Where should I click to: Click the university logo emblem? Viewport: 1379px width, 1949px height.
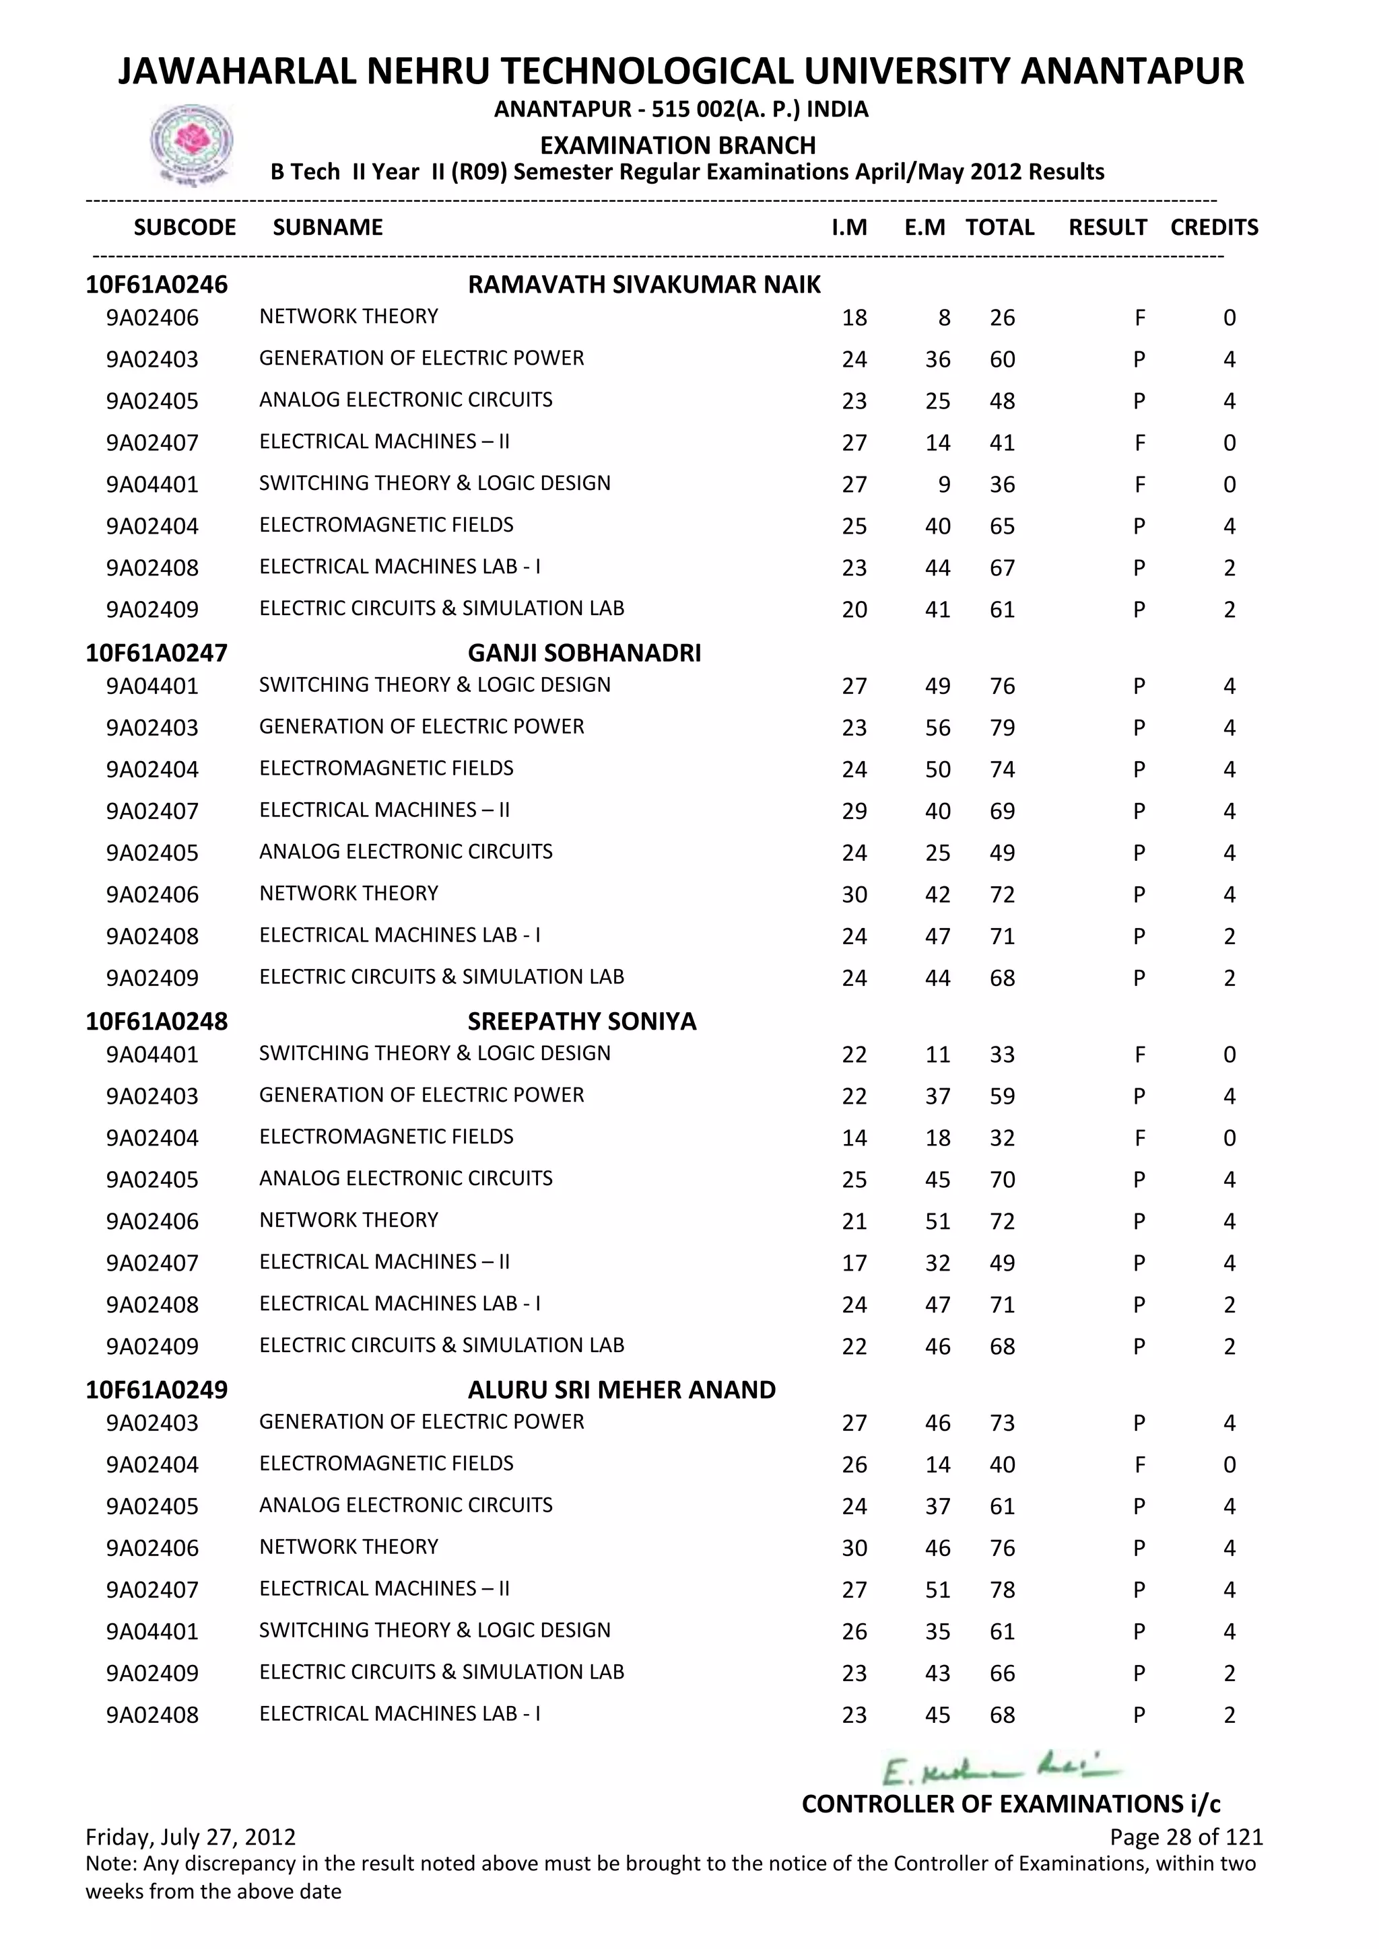click(191, 144)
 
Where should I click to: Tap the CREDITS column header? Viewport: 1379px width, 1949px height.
click(1213, 227)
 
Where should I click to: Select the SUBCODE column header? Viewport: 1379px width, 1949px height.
click(185, 227)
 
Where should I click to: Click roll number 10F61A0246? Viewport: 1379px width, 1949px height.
click(156, 285)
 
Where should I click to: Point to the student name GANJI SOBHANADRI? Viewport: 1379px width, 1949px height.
click(584, 653)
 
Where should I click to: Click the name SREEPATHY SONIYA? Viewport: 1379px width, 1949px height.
click(582, 1021)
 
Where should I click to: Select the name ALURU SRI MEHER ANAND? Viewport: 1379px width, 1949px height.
click(621, 1390)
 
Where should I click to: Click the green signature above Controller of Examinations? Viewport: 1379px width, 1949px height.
click(1001, 1771)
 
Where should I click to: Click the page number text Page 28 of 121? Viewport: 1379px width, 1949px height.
click(1185, 1837)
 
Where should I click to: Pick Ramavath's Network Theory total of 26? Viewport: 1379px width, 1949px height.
click(1002, 318)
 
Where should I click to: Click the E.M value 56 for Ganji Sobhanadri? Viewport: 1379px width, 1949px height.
click(937, 728)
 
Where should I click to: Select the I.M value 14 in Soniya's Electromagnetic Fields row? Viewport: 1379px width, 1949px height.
click(854, 1138)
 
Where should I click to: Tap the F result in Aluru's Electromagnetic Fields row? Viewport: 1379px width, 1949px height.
click(1139, 1465)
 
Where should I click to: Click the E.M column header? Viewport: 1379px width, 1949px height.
click(924, 227)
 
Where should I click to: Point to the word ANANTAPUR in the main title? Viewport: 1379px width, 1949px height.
click(1132, 71)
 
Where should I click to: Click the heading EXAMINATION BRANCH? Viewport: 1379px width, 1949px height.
click(677, 145)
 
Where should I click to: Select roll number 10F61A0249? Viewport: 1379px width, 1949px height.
click(156, 1390)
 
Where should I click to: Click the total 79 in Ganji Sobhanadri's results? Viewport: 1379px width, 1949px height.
click(1002, 728)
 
